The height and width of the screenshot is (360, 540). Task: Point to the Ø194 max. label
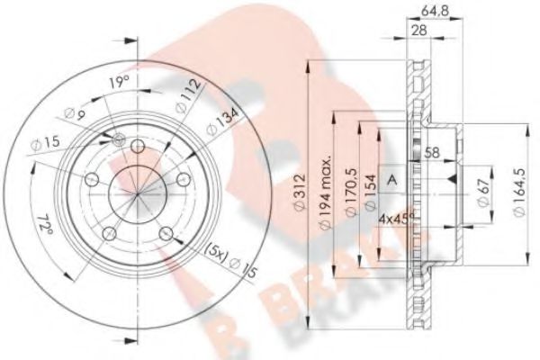[322, 193]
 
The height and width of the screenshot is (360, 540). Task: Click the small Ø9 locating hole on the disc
[120, 138]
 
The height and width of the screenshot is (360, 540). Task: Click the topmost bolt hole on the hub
[137, 146]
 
